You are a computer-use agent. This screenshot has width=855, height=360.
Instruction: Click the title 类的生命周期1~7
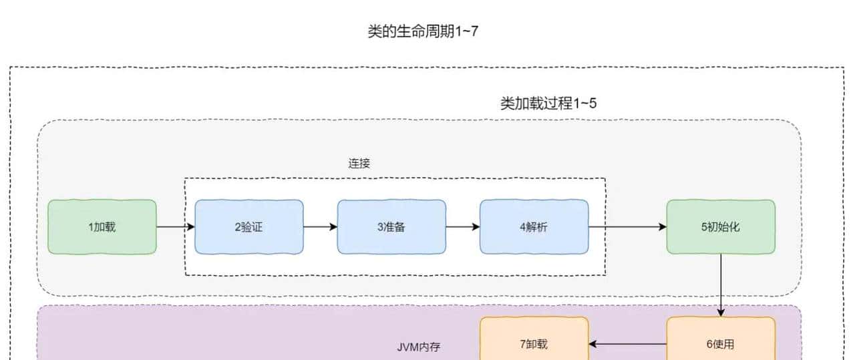tap(423, 31)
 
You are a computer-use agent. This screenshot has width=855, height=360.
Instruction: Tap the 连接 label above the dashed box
tap(359, 163)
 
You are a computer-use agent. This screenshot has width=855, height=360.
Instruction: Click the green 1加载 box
tap(102, 227)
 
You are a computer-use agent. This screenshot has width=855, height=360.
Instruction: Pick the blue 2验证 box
tap(248, 227)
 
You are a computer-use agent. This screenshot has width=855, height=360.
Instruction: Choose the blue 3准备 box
tap(391, 227)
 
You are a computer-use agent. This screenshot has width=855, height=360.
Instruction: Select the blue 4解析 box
tap(534, 227)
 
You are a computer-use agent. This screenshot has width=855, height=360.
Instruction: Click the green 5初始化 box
tap(721, 227)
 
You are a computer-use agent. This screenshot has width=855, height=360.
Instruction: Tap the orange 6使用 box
tap(721, 344)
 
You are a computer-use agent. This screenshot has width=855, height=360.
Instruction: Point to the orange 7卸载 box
tap(534, 344)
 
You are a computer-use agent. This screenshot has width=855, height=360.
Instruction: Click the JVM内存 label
tap(419, 347)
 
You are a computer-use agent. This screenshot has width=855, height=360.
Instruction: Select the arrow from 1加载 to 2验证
tap(176, 227)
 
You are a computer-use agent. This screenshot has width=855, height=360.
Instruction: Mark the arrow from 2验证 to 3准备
tap(320, 227)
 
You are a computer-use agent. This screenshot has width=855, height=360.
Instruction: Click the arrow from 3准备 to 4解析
tap(462, 227)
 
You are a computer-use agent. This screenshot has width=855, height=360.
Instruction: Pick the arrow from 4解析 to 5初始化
tap(627, 227)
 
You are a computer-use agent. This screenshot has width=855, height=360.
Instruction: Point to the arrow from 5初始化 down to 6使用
tap(721, 285)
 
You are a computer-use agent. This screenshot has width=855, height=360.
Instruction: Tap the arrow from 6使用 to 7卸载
tap(627, 344)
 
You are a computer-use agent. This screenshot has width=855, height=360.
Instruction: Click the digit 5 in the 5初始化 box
tap(704, 227)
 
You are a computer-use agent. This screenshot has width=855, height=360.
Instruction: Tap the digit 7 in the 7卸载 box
tap(522, 344)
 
